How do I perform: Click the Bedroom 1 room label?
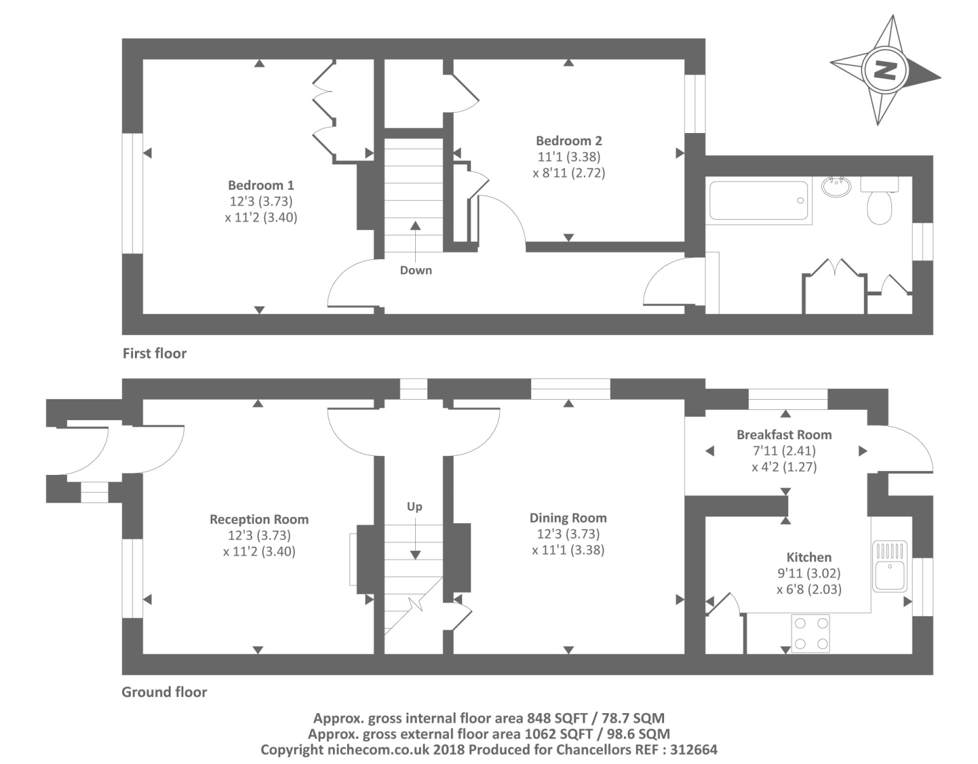pyautogui.click(x=261, y=185)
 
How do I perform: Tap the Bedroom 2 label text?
pyautogui.click(x=569, y=141)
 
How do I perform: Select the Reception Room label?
pyautogui.click(x=259, y=520)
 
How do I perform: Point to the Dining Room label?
pyautogui.click(x=568, y=518)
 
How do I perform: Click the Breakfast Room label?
pyautogui.click(x=784, y=435)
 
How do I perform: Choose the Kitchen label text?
pyautogui.click(x=809, y=557)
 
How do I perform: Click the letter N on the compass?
pyautogui.click(x=885, y=70)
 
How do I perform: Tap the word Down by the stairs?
pyautogui.click(x=416, y=270)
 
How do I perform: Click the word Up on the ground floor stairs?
pyautogui.click(x=415, y=507)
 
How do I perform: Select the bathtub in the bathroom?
pyautogui.click(x=759, y=200)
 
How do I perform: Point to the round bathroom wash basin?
pyautogui.click(x=836, y=187)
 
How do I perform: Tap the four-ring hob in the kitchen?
pyautogui.click(x=811, y=633)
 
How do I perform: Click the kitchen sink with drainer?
pyautogui.click(x=889, y=566)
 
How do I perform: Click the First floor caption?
pyautogui.click(x=154, y=353)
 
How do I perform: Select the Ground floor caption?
pyautogui.click(x=164, y=691)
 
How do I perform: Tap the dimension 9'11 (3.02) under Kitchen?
pyautogui.click(x=809, y=573)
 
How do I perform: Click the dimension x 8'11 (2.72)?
pyautogui.click(x=569, y=173)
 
